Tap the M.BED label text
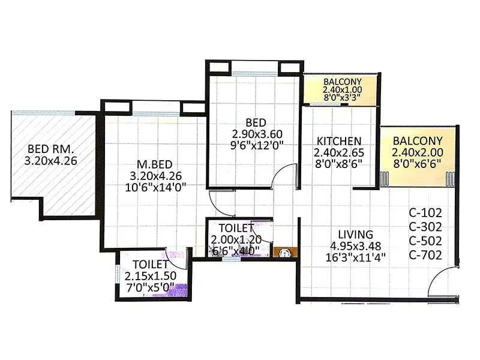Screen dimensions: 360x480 pos(150,163)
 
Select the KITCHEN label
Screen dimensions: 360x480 pos(339,141)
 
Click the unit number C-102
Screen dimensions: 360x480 pos(425,212)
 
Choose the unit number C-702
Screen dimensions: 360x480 pos(425,255)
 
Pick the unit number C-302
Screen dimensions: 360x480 pos(425,226)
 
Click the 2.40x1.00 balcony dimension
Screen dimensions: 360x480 pos(341,91)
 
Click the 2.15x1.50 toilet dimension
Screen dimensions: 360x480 pos(149,275)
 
